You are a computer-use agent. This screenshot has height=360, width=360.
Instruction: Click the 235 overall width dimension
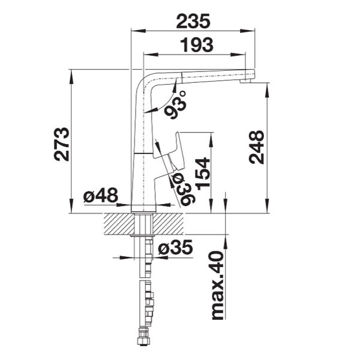pyautogui.click(x=193, y=21)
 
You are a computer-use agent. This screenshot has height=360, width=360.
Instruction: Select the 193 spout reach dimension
pyautogui.click(x=197, y=44)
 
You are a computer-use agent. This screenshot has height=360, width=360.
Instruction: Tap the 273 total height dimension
pyautogui.click(x=62, y=144)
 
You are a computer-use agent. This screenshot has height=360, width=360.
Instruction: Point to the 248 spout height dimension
pyautogui.click(x=256, y=147)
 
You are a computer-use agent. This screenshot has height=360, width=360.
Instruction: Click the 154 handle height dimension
pyautogui.click(x=203, y=174)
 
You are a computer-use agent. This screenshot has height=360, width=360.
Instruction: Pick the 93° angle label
pyautogui.click(x=176, y=105)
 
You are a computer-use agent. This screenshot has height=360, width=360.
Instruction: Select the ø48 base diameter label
pyautogui.click(x=101, y=195)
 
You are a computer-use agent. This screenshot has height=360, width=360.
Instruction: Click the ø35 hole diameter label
pyautogui.click(x=175, y=247)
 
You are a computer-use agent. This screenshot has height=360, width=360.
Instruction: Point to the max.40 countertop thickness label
pyautogui.click(x=217, y=286)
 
